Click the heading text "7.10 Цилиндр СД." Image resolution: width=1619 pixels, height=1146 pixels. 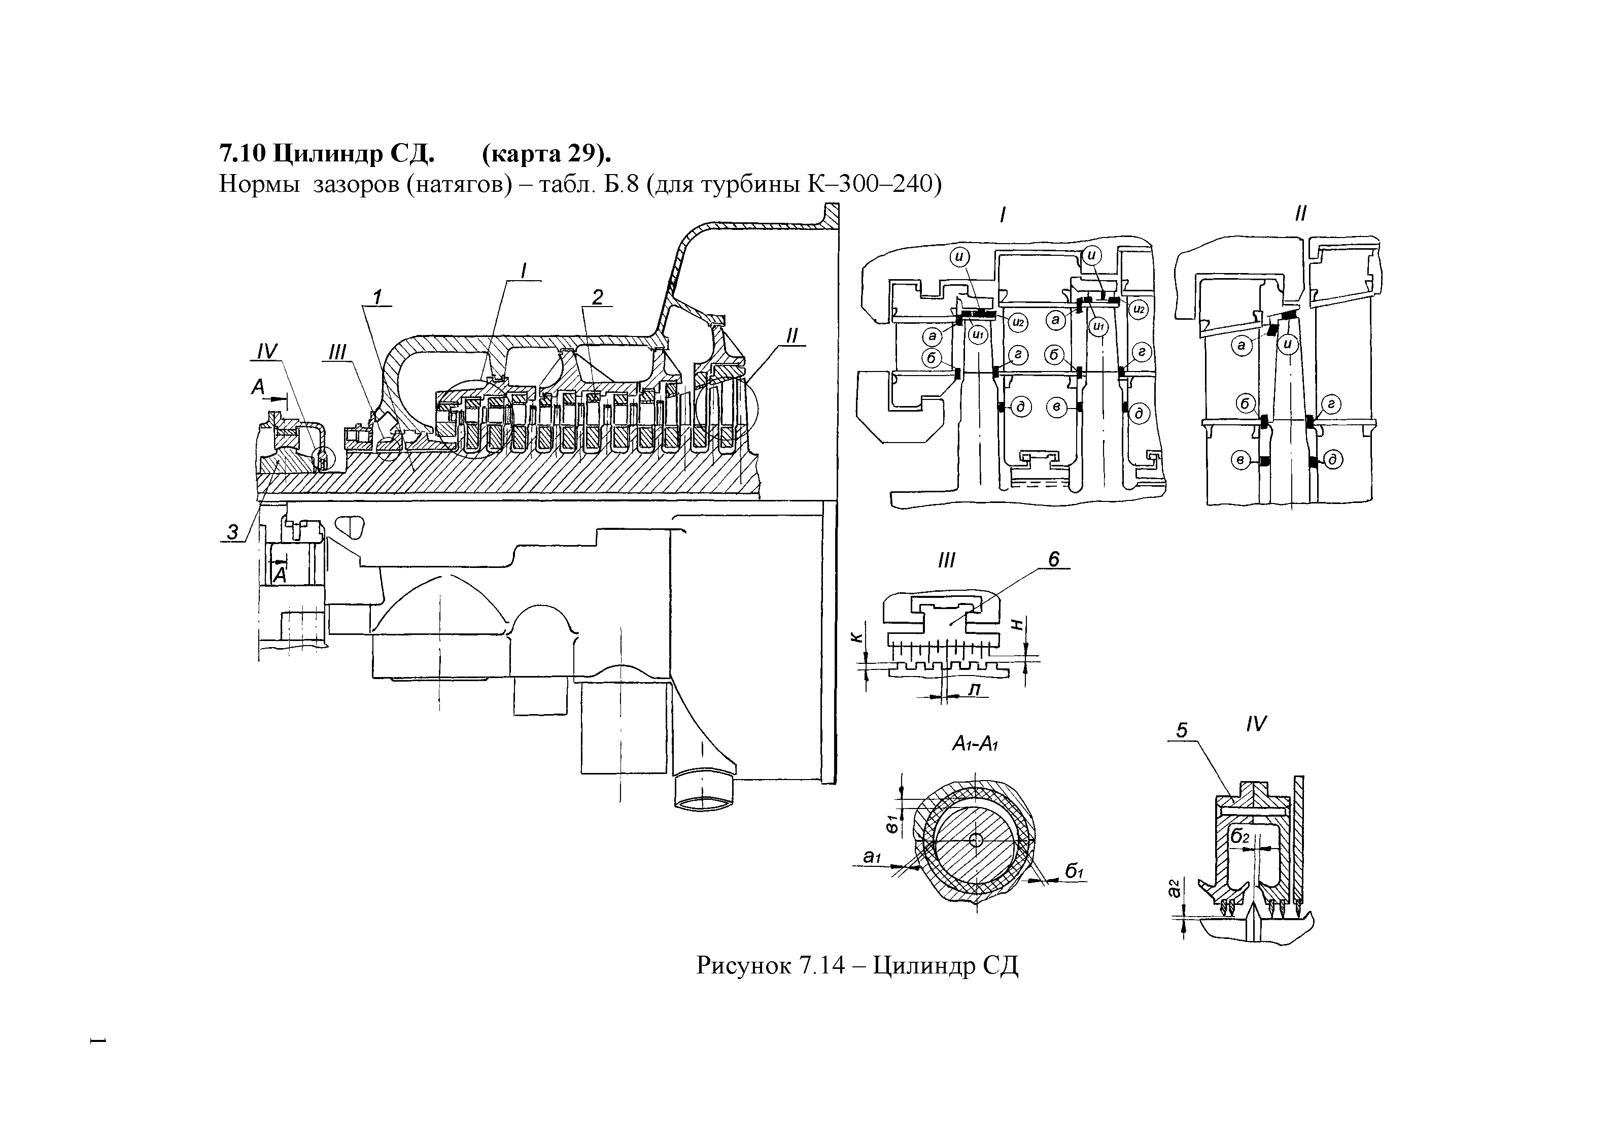tap(327, 153)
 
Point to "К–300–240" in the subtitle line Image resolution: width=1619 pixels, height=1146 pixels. tap(873, 184)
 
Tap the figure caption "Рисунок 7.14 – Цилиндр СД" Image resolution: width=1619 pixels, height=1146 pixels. tap(857, 965)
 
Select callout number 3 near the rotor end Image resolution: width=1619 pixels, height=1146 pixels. tap(232, 532)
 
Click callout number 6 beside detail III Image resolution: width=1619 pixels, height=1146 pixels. tap(1053, 560)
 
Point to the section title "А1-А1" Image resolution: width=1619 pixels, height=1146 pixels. tap(975, 744)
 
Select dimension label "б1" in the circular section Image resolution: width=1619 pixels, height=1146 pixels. tap(1073, 872)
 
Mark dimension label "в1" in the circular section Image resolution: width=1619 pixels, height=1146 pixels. tap(892, 823)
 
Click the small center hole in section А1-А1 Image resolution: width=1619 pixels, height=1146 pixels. tap(976, 840)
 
